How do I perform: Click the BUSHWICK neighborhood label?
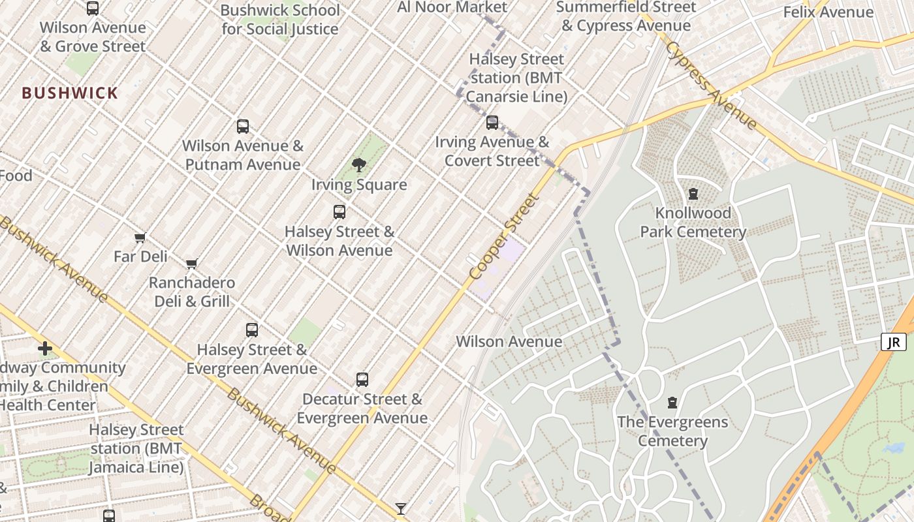(x=70, y=93)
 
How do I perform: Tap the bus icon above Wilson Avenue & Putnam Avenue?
(x=243, y=127)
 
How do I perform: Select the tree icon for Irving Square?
(x=358, y=165)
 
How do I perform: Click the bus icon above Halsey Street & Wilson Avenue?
(x=339, y=212)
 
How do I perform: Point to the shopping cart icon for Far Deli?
(x=140, y=238)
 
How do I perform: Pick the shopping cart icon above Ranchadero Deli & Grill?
(x=191, y=264)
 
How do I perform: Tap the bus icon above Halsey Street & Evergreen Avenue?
(x=252, y=330)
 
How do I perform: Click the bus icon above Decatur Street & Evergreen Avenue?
(x=362, y=380)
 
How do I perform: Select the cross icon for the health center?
(x=45, y=348)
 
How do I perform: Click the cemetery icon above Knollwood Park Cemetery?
(x=693, y=194)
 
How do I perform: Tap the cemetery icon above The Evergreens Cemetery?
(x=672, y=403)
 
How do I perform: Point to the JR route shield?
(x=894, y=342)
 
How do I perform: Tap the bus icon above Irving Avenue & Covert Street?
(x=492, y=123)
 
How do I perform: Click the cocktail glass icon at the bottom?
(x=401, y=508)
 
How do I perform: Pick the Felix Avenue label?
(x=828, y=12)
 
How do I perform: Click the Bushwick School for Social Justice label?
(x=280, y=20)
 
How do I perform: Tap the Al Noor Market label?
(x=452, y=7)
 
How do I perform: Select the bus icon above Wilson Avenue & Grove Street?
(x=93, y=8)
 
